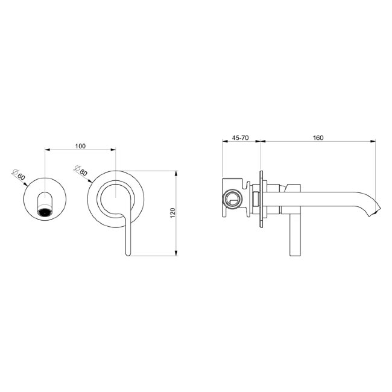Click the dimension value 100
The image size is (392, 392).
(x=80, y=146)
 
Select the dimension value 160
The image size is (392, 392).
(x=318, y=138)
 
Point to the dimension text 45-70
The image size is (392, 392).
(x=240, y=138)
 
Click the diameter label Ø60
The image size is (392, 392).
(x=19, y=175)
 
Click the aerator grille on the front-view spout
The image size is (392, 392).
(x=44, y=212)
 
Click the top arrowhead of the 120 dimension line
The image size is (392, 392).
(x=176, y=174)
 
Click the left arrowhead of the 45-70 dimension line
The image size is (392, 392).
(x=224, y=143)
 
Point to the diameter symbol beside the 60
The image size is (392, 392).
(x=14, y=171)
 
